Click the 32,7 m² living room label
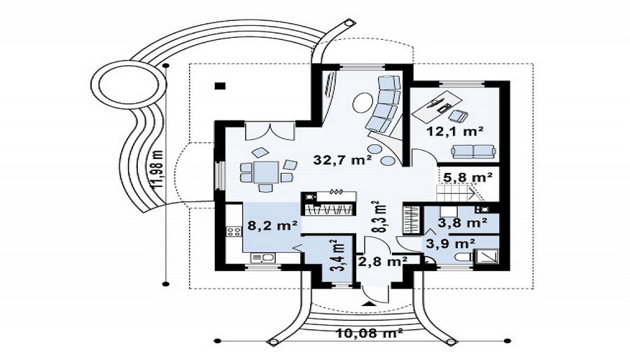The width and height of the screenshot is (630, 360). [x=342, y=160]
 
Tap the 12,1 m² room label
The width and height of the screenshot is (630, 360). [x=454, y=131]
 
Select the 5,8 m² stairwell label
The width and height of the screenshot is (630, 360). [x=468, y=177]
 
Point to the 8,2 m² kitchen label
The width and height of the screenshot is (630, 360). [x=272, y=226]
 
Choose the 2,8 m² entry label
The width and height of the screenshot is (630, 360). [x=383, y=261]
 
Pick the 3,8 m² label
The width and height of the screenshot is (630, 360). [x=463, y=223]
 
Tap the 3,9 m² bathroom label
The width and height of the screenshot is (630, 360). [x=451, y=243]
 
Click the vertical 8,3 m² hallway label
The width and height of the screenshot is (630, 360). [x=379, y=217]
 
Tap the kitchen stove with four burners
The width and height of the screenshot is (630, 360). [x=234, y=231]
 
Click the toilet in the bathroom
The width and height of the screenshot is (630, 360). [x=462, y=257]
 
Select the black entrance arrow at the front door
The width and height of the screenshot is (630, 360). [x=368, y=303]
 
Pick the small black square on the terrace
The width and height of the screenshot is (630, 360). [x=220, y=85]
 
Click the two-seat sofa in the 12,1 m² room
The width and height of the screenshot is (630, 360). [x=473, y=151]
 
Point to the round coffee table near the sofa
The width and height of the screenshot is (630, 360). [x=363, y=102]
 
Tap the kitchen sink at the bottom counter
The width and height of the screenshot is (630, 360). [x=262, y=258]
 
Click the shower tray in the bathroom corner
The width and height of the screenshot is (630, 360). [x=486, y=256]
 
